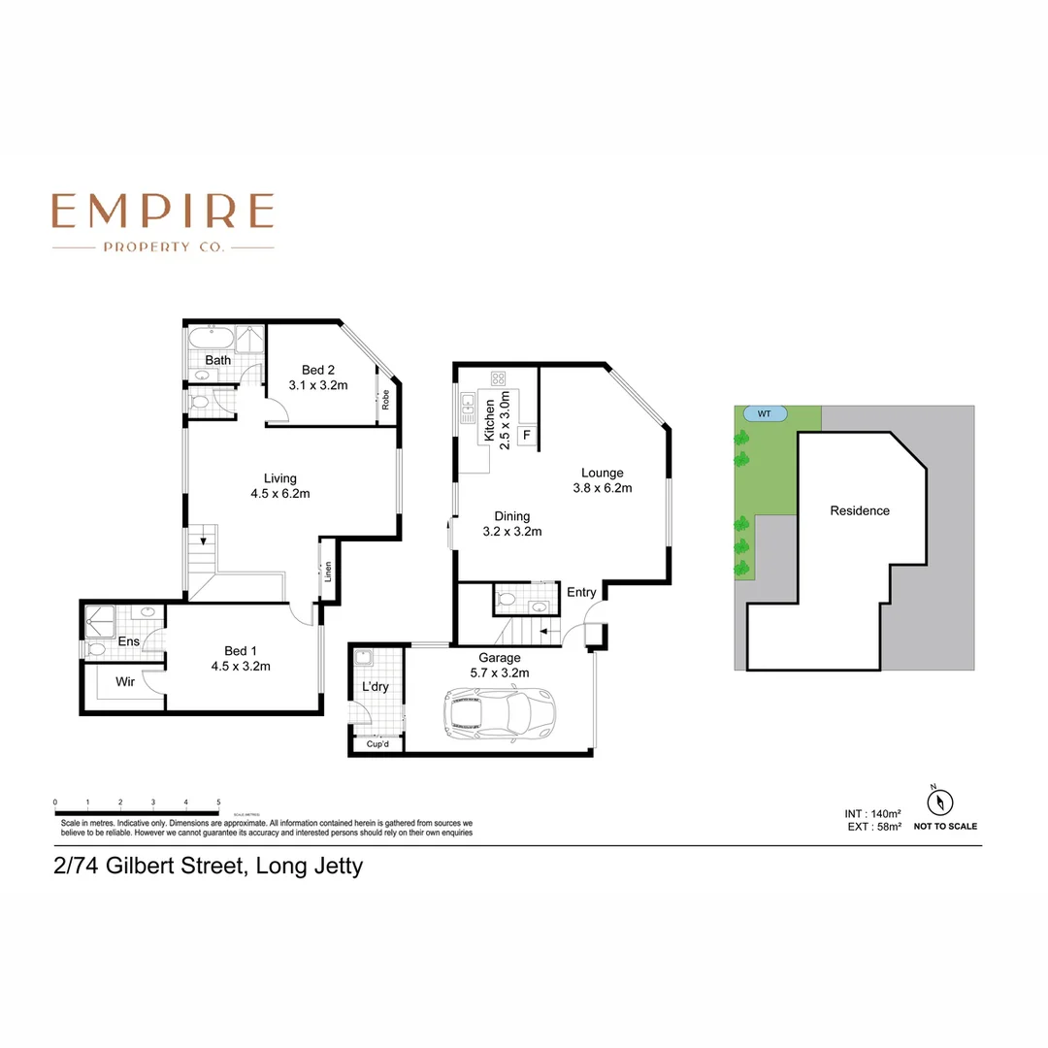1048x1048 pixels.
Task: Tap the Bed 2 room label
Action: pos(318,377)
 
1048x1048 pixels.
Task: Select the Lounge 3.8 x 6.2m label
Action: pos(603,480)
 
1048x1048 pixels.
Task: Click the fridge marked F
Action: pos(527,434)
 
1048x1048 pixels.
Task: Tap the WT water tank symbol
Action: pos(765,413)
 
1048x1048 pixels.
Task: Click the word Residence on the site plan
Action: pos(859,510)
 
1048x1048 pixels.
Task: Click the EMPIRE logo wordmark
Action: pos(163,211)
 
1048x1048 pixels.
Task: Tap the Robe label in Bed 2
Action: pos(385,400)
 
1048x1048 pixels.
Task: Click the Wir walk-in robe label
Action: pos(125,682)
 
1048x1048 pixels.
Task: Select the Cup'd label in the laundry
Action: pos(378,744)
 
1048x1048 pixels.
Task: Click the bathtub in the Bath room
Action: pos(211,340)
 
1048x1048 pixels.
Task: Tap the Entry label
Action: pos(582,592)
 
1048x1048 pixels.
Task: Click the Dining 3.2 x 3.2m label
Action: pos(511,524)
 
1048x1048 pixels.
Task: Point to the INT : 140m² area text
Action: pos(873,813)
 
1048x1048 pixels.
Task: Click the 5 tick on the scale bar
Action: pos(218,802)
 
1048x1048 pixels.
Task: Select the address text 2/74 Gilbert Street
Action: pos(208,866)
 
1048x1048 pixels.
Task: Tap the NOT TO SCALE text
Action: pos(945,827)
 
